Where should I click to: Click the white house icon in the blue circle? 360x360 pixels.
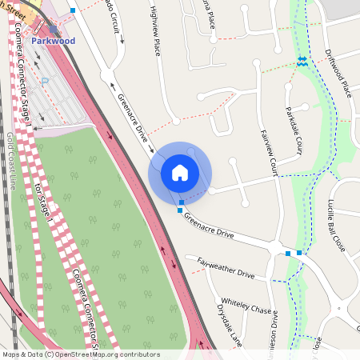pyautogui.click(x=180, y=172)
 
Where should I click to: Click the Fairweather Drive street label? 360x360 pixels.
pyautogui.click(x=225, y=267)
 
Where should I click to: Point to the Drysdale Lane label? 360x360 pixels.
pyautogui.click(x=229, y=323)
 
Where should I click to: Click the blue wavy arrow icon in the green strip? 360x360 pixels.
pyautogui.click(x=302, y=60)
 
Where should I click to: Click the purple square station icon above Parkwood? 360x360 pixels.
pyautogui.click(x=53, y=28)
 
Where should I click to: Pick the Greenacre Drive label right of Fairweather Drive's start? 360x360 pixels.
pyautogui.click(x=208, y=225)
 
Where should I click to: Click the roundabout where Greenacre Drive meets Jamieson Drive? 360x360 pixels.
pyautogui.click(x=277, y=247)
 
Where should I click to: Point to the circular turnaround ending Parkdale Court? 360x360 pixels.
pyautogui.click(x=304, y=107)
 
